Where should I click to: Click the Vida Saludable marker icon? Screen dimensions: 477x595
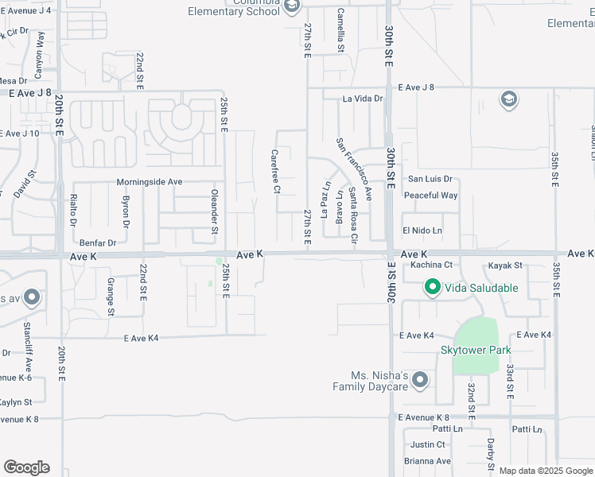[432, 287]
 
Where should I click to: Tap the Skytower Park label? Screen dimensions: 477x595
[476, 350]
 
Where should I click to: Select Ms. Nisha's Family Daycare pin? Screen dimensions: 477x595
[420, 381]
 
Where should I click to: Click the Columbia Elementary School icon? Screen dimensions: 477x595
[292, 7]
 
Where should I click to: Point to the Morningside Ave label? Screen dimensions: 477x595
[150, 182]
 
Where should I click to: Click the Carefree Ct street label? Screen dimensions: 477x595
[276, 172]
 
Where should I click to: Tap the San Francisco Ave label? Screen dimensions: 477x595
[354, 169]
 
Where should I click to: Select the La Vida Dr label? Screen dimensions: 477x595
[363, 99]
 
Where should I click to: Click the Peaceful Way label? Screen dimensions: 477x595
[431, 196]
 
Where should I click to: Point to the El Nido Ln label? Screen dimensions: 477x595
[422, 231]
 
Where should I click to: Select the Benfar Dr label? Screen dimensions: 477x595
[98, 242]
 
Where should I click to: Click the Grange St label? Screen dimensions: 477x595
[110, 293]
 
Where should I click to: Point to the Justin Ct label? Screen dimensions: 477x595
[428, 444]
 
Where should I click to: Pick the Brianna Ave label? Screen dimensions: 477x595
[427, 461]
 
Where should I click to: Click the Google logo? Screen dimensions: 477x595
[26, 467]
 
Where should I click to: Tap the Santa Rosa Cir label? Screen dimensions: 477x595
[353, 212]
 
